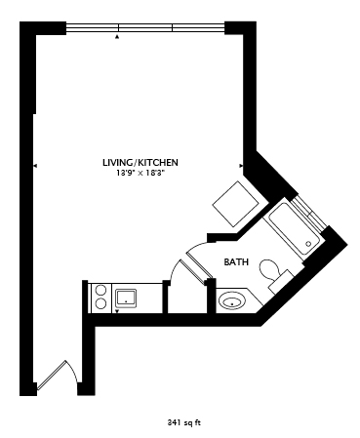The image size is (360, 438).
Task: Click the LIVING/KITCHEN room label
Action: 140,162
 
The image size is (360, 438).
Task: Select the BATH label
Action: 236,261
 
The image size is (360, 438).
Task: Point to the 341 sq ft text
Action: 184,422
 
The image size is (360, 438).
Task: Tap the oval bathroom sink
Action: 232,300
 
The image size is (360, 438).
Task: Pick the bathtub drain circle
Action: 308,244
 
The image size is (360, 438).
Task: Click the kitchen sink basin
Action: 126,298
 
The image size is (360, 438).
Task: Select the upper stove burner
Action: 101,290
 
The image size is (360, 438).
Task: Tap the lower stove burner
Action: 101,303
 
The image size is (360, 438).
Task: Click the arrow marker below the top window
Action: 117,37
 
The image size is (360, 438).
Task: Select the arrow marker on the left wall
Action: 35,166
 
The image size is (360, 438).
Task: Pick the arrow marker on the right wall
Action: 241,166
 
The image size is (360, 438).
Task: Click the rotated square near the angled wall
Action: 236,204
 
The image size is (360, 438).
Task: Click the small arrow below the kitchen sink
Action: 117,311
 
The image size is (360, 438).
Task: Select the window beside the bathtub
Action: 308,213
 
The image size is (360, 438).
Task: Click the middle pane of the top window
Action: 145,27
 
